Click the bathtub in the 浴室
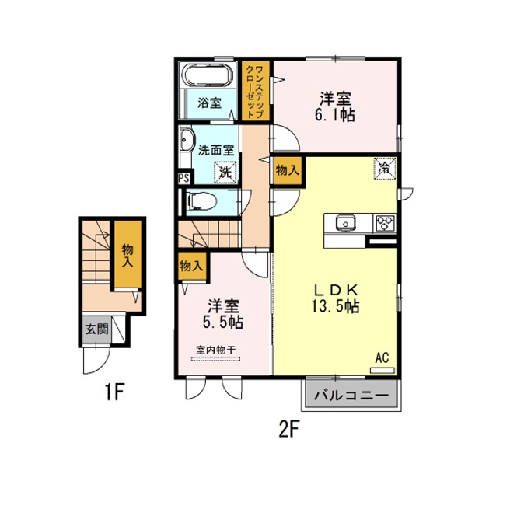208,75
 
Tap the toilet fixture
201,201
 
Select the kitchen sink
345,223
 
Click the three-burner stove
385,223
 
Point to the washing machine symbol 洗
226,172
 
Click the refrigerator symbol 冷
384,169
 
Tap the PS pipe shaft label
184,179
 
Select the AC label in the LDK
382,357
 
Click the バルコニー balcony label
351,395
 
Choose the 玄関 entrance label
97,329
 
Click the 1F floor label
114,392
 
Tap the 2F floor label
288,430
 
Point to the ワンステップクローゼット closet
256,91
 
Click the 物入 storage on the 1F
128,254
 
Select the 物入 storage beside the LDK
288,171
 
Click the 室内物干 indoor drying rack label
216,350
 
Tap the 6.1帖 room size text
335,115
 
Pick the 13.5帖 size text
335,306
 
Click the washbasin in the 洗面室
186,140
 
